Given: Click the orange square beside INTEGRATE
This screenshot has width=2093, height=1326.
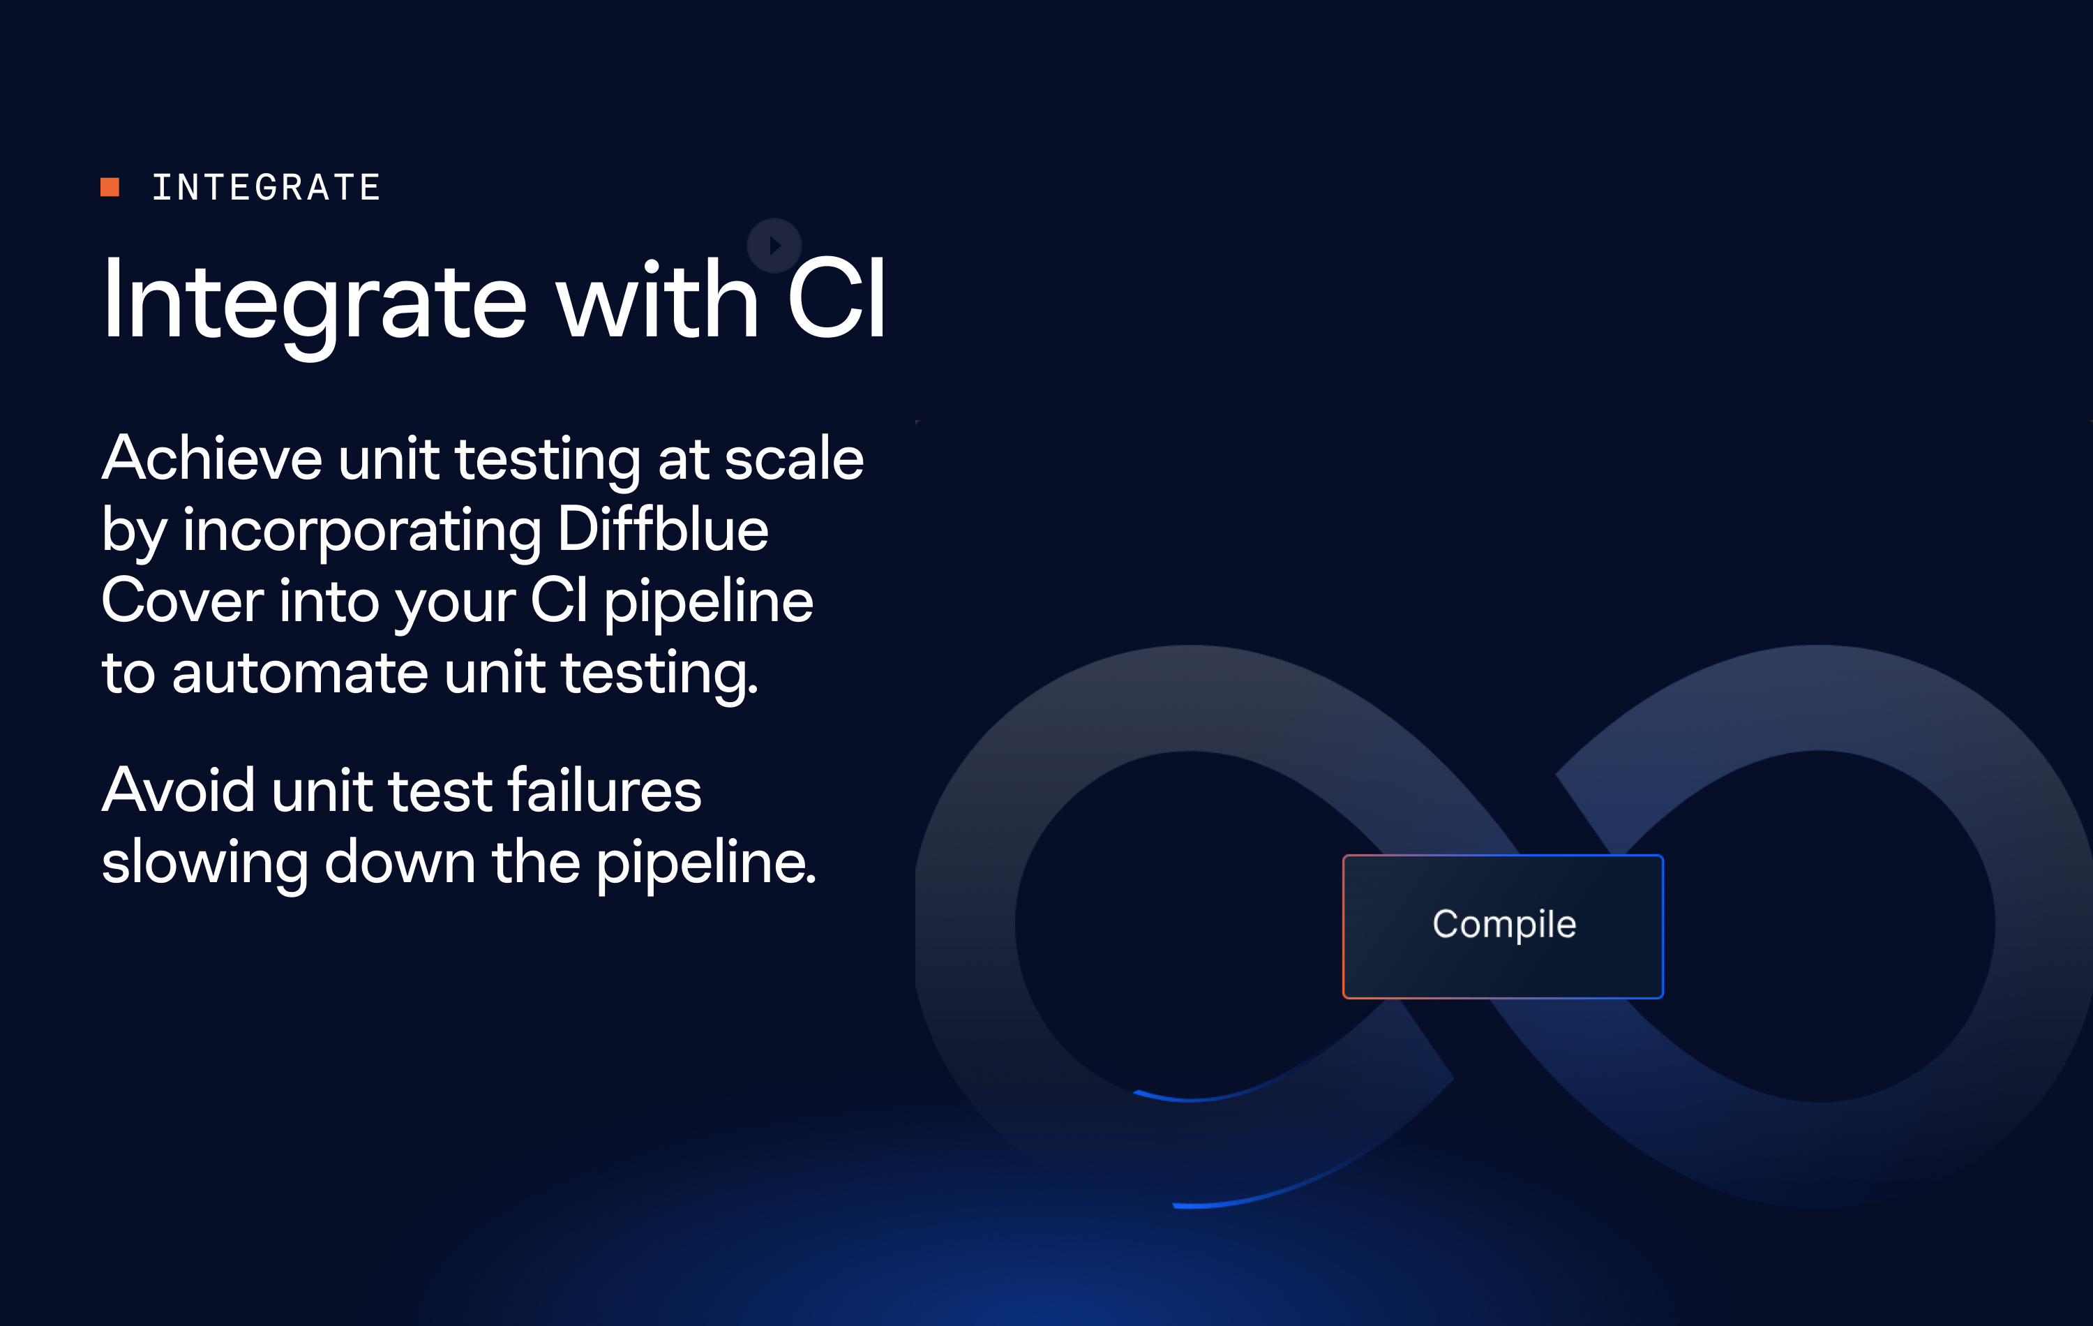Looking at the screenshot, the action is pos(110,187).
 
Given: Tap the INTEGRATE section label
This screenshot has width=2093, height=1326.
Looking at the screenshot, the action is pos(267,188).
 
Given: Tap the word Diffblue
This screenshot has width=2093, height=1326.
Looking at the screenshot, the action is pos(663,529).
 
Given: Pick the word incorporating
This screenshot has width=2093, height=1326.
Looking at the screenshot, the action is pos(363,531).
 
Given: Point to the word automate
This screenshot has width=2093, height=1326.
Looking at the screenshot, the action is pos(301,673).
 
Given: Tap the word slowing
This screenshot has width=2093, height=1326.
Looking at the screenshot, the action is pos(205,864).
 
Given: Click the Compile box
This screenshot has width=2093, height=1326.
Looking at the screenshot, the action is pos(1503,926).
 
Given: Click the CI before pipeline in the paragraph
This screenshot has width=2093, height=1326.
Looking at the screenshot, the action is pos(559,601).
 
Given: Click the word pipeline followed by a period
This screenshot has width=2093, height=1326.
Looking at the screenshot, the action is pos(707,864).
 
